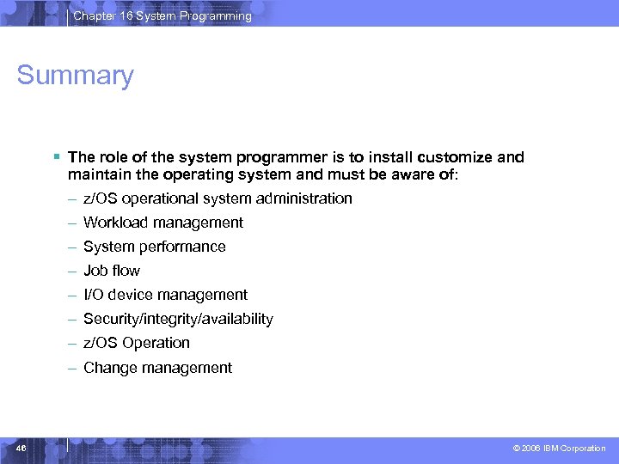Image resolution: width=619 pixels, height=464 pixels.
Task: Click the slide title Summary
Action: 76,76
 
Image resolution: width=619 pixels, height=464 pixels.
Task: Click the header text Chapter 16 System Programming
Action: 162,15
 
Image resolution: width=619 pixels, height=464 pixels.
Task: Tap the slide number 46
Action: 21,448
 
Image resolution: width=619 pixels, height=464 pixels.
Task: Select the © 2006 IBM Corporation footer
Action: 559,449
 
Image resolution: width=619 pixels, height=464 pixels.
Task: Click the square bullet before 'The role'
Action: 55,157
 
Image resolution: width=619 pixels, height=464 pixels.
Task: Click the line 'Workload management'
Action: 163,223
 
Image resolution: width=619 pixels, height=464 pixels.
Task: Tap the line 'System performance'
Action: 155,247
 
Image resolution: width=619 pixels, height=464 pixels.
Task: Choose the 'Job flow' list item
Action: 112,271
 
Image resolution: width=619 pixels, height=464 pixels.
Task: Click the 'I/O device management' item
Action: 165,295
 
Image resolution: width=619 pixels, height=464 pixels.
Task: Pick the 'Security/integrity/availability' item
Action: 178,319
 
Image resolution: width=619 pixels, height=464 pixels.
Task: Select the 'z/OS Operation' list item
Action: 137,343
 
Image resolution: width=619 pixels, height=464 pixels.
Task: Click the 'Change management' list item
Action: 157,368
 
